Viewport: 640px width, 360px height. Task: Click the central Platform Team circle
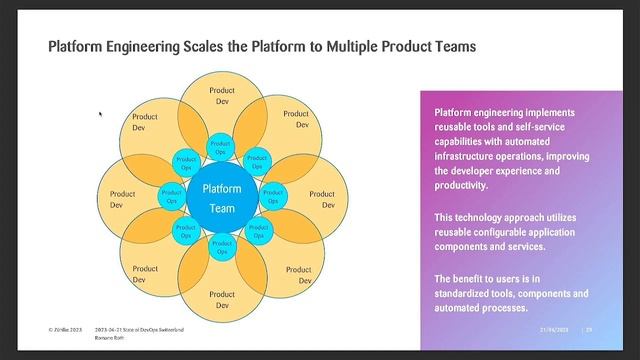(x=221, y=197)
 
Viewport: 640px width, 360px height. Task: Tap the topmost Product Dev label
(x=222, y=96)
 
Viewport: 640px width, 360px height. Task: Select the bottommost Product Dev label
(x=222, y=300)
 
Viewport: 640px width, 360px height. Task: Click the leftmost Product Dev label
(x=122, y=199)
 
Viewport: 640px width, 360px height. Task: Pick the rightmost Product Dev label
(x=327, y=199)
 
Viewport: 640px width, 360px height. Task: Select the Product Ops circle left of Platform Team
(x=172, y=197)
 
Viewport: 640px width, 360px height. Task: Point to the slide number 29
(x=589, y=330)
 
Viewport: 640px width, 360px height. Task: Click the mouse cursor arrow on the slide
(x=100, y=115)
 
